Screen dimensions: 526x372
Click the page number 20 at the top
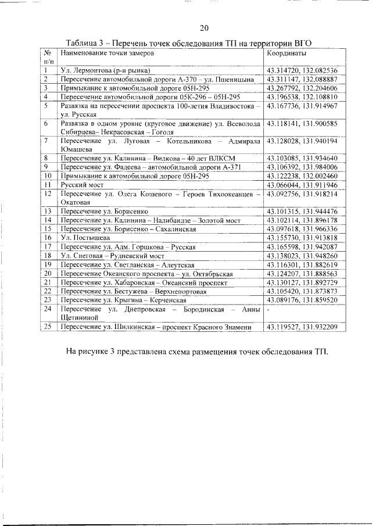click(x=203, y=28)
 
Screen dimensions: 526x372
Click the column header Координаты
click(x=286, y=53)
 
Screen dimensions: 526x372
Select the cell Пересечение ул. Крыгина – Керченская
click(x=123, y=299)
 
